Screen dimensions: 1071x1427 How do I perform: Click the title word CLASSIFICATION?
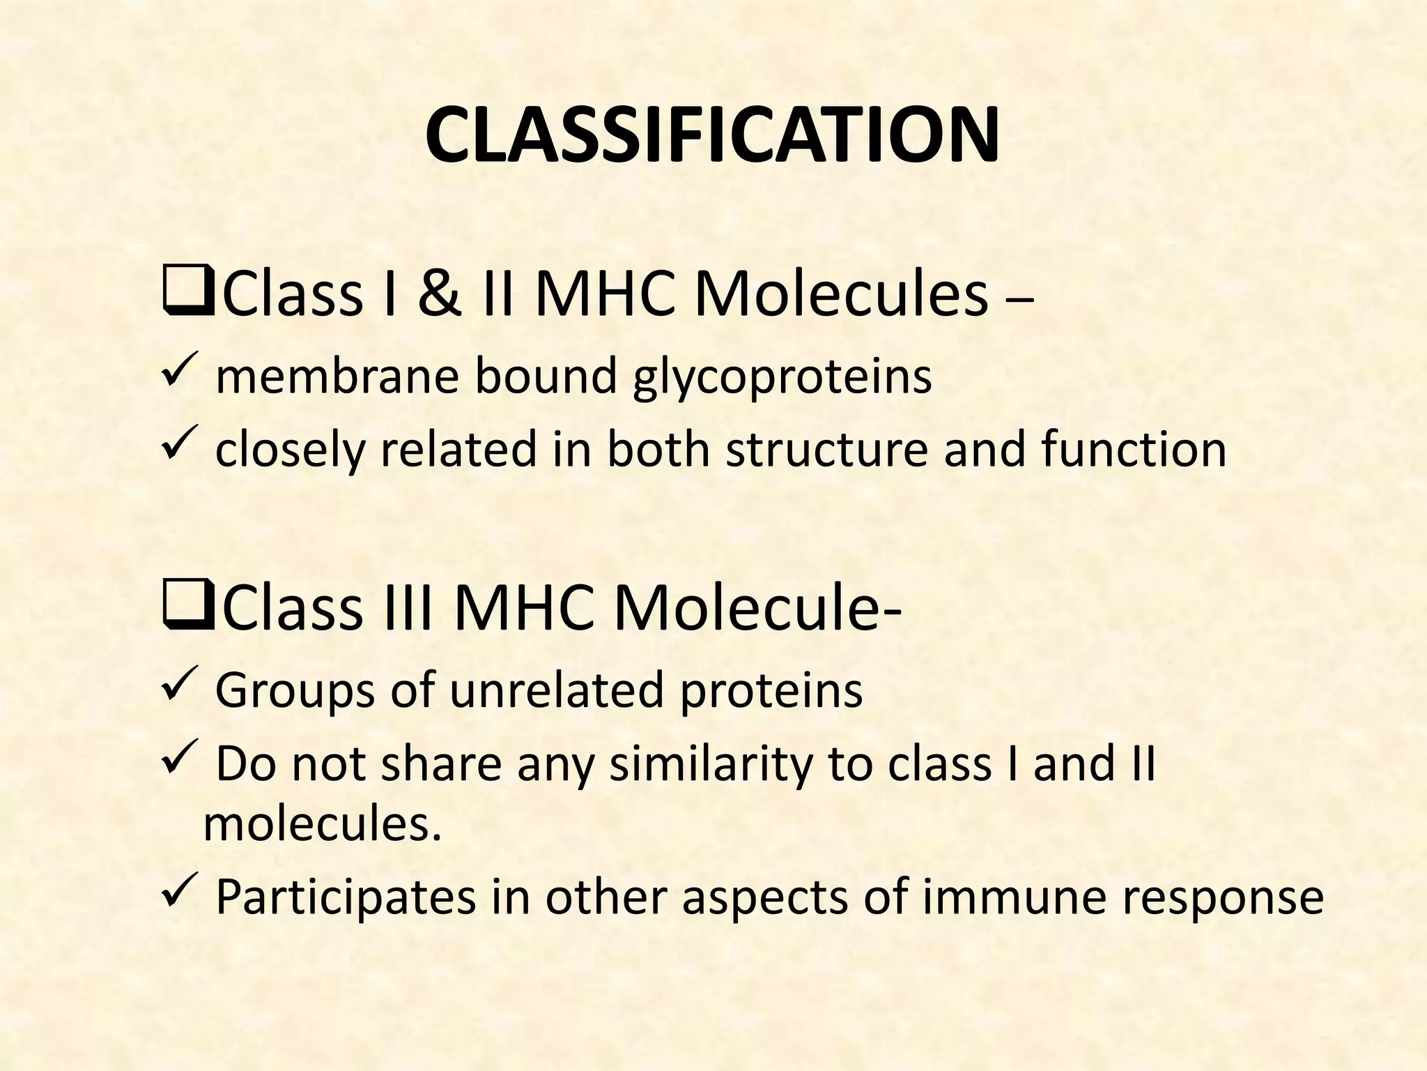click(x=712, y=135)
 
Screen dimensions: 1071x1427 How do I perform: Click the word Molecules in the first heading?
click(x=841, y=294)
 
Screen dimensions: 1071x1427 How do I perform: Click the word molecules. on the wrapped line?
click(x=323, y=824)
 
